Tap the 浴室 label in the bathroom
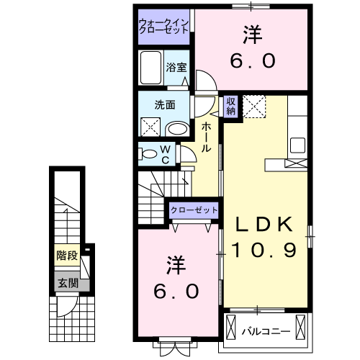click(x=176, y=67)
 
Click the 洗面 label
click(x=165, y=104)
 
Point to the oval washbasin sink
click(x=177, y=129)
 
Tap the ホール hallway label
click(x=206, y=138)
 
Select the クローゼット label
click(x=194, y=210)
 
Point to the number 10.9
click(x=265, y=251)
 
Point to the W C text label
click(x=165, y=154)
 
